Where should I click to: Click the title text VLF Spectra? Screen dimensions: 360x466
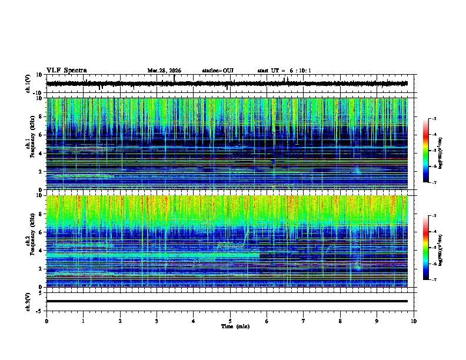click(66, 71)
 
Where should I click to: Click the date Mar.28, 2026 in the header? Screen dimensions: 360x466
click(164, 71)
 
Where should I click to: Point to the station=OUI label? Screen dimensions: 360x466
click(218, 71)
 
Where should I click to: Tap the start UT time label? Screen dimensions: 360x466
click(284, 71)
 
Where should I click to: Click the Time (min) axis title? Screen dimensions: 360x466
click(234, 326)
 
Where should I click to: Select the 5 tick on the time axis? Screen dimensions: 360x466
click(230, 321)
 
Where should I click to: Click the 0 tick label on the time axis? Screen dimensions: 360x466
click(46, 321)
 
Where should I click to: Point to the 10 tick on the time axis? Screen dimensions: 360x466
click(414, 321)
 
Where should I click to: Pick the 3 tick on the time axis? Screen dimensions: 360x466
click(157, 321)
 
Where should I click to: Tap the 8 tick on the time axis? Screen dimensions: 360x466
click(340, 321)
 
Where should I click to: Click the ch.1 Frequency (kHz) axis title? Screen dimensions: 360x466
click(27, 144)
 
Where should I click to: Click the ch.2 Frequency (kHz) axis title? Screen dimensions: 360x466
click(27, 241)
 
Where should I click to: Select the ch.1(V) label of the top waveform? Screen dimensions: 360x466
click(28, 84)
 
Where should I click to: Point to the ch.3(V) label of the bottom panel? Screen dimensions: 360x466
click(28, 301)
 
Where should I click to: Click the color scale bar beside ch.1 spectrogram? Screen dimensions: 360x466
click(426, 151)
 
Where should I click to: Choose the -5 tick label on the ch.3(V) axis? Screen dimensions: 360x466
click(40, 309)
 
